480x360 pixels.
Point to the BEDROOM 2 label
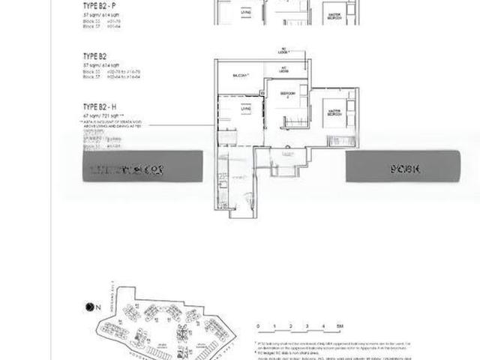tap(286, 94)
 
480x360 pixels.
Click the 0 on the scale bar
tap(257, 326)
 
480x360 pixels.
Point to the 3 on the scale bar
tap(306, 326)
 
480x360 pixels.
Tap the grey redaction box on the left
tap(142, 166)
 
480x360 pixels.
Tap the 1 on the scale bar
tap(274, 326)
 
